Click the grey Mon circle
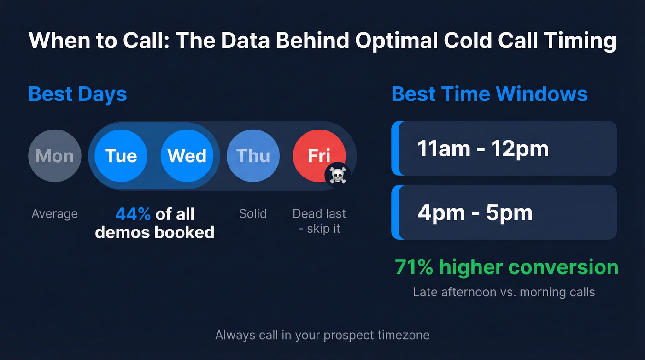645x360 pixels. (x=54, y=156)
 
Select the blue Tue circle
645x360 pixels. (x=121, y=156)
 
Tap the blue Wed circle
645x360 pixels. (x=187, y=156)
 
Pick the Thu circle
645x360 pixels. (x=253, y=156)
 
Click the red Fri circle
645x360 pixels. (x=319, y=155)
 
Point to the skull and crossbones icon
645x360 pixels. (x=338, y=176)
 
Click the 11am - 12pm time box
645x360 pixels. (x=504, y=148)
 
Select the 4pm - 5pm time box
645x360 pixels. (x=504, y=212)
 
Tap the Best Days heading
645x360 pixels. (x=77, y=94)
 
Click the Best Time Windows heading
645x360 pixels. (x=489, y=94)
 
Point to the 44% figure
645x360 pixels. (x=133, y=214)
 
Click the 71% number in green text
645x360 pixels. (x=414, y=267)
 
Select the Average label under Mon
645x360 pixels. (x=54, y=214)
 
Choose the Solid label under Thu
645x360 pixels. (x=253, y=214)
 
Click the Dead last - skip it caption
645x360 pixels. (x=319, y=221)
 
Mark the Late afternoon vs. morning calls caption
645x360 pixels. (x=504, y=292)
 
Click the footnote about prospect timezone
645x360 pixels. (x=322, y=335)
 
